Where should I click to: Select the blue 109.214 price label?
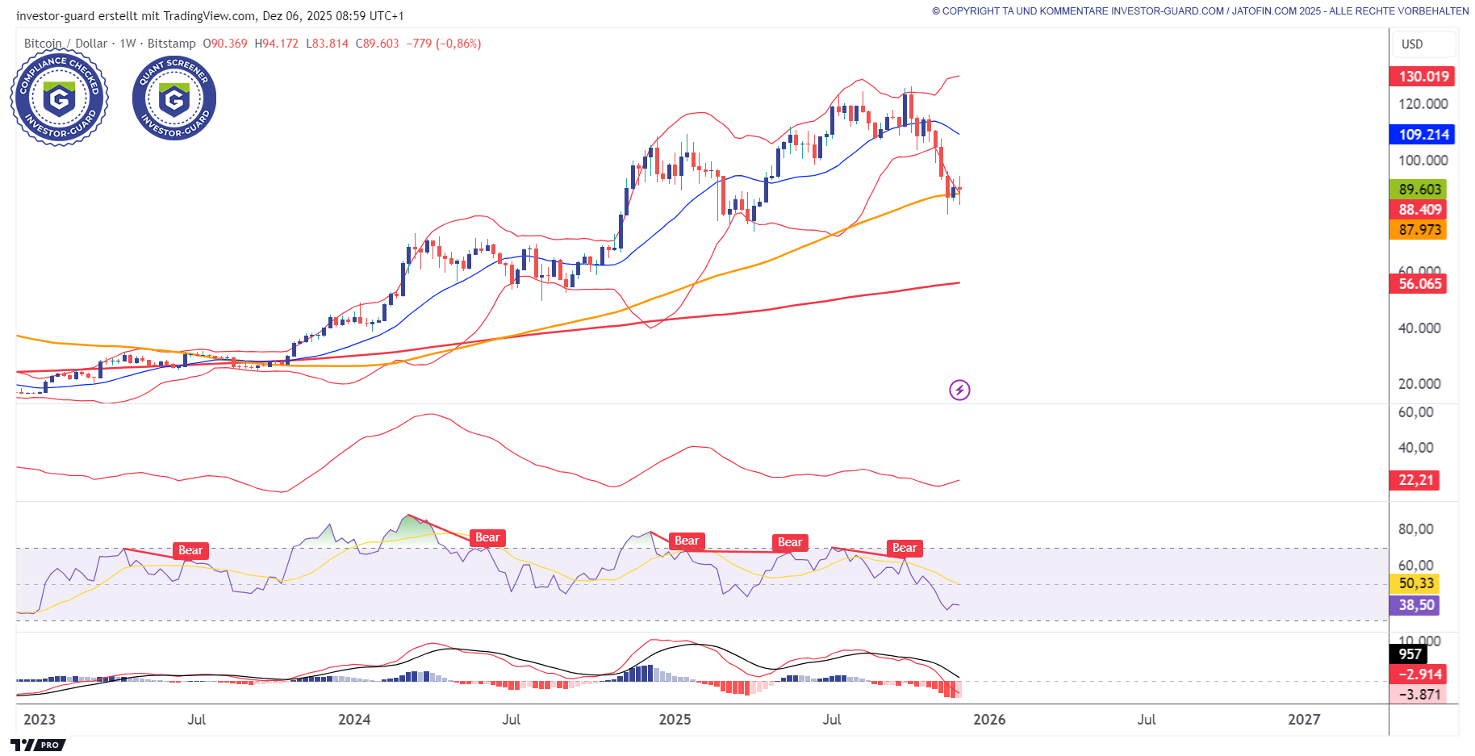tap(1422, 135)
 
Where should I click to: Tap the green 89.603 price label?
tap(1419, 190)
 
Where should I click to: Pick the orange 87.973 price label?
tap(1419, 230)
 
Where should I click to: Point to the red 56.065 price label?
tap(1419, 284)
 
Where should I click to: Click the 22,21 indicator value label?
tap(1416, 480)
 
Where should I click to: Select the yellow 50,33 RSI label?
tap(1416, 583)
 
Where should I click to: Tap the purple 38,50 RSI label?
tap(1416, 605)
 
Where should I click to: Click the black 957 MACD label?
tap(1410, 654)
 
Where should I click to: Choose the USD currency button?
tap(1423, 44)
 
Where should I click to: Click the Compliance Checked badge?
tap(59, 98)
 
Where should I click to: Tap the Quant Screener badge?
tap(174, 98)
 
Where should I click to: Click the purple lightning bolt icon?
tap(959, 391)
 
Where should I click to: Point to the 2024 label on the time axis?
tap(354, 720)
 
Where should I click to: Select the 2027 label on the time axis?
tap(1304, 720)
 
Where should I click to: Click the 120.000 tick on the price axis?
tap(1423, 104)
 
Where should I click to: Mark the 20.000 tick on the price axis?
tap(1419, 384)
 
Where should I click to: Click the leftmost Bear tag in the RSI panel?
tap(190, 551)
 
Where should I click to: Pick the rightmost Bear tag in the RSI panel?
tap(905, 549)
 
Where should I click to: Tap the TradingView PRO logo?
tap(38, 745)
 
